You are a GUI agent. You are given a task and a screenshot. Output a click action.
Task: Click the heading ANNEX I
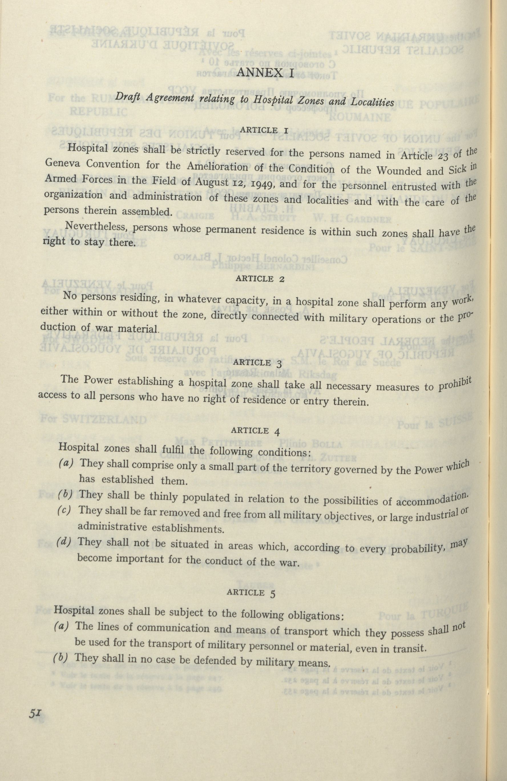click(x=264, y=73)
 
